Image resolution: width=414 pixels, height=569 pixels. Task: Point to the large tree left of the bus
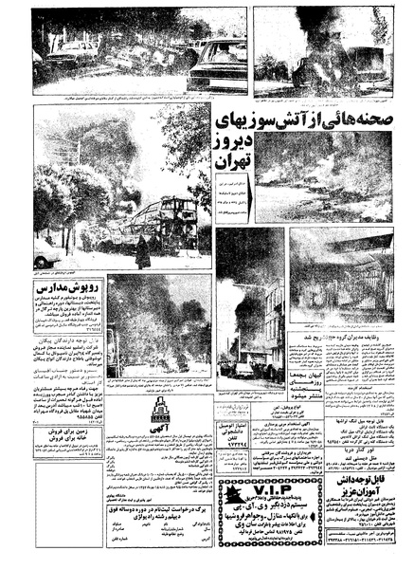coord(76,190)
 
